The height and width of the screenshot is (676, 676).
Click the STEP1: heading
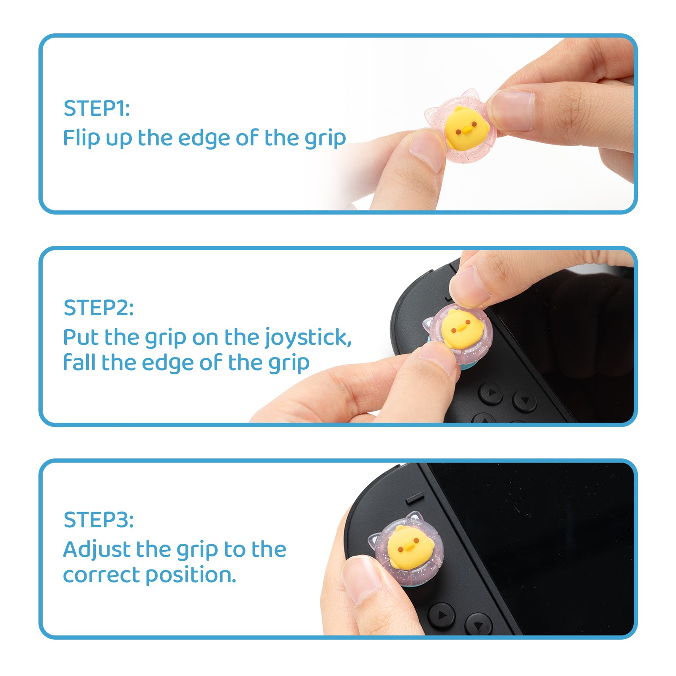pyautogui.click(x=97, y=108)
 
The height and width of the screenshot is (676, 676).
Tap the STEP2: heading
pyautogui.click(x=98, y=308)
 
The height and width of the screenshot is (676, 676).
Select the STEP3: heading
pyautogui.click(x=98, y=520)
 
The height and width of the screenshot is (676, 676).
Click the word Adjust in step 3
pyautogui.click(x=97, y=550)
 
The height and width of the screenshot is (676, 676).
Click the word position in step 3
pyautogui.click(x=191, y=576)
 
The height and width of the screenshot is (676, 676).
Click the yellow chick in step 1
pyautogui.click(x=467, y=127)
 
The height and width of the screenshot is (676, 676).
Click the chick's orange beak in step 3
pyautogui.click(x=409, y=548)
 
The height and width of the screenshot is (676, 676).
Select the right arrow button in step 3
pyautogui.click(x=441, y=616)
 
